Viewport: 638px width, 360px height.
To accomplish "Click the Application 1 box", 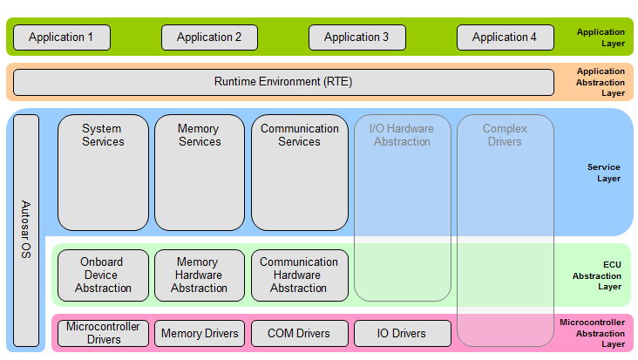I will pos(61,37).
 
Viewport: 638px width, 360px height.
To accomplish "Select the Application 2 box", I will pos(209,37).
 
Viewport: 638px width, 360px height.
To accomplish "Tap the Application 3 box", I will pos(356,37).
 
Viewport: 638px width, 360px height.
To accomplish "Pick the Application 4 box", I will pos(505,37).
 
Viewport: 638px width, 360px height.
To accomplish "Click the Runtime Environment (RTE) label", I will pos(283,82).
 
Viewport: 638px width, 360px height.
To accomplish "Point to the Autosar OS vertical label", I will pos(26,230).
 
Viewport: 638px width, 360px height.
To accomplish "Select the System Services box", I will pos(103,173).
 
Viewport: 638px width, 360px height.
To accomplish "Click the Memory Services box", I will pos(200,173).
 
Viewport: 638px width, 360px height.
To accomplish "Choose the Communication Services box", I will pos(299,173).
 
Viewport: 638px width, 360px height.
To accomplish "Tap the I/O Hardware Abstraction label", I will pos(402,135).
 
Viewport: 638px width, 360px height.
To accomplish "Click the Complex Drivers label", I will pos(505,135).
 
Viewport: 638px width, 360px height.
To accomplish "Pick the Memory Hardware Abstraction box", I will pos(200,275).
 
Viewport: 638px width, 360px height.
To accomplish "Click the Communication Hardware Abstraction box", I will pos(299,275).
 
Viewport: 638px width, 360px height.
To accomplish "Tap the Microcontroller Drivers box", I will pos(103,333).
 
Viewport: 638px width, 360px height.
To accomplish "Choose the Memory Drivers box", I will pos(200,333).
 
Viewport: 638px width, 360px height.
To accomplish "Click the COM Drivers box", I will pos(299,333).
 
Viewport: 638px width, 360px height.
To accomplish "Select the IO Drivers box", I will pos(402,333).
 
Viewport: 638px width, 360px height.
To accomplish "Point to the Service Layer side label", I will pos(603,173).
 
